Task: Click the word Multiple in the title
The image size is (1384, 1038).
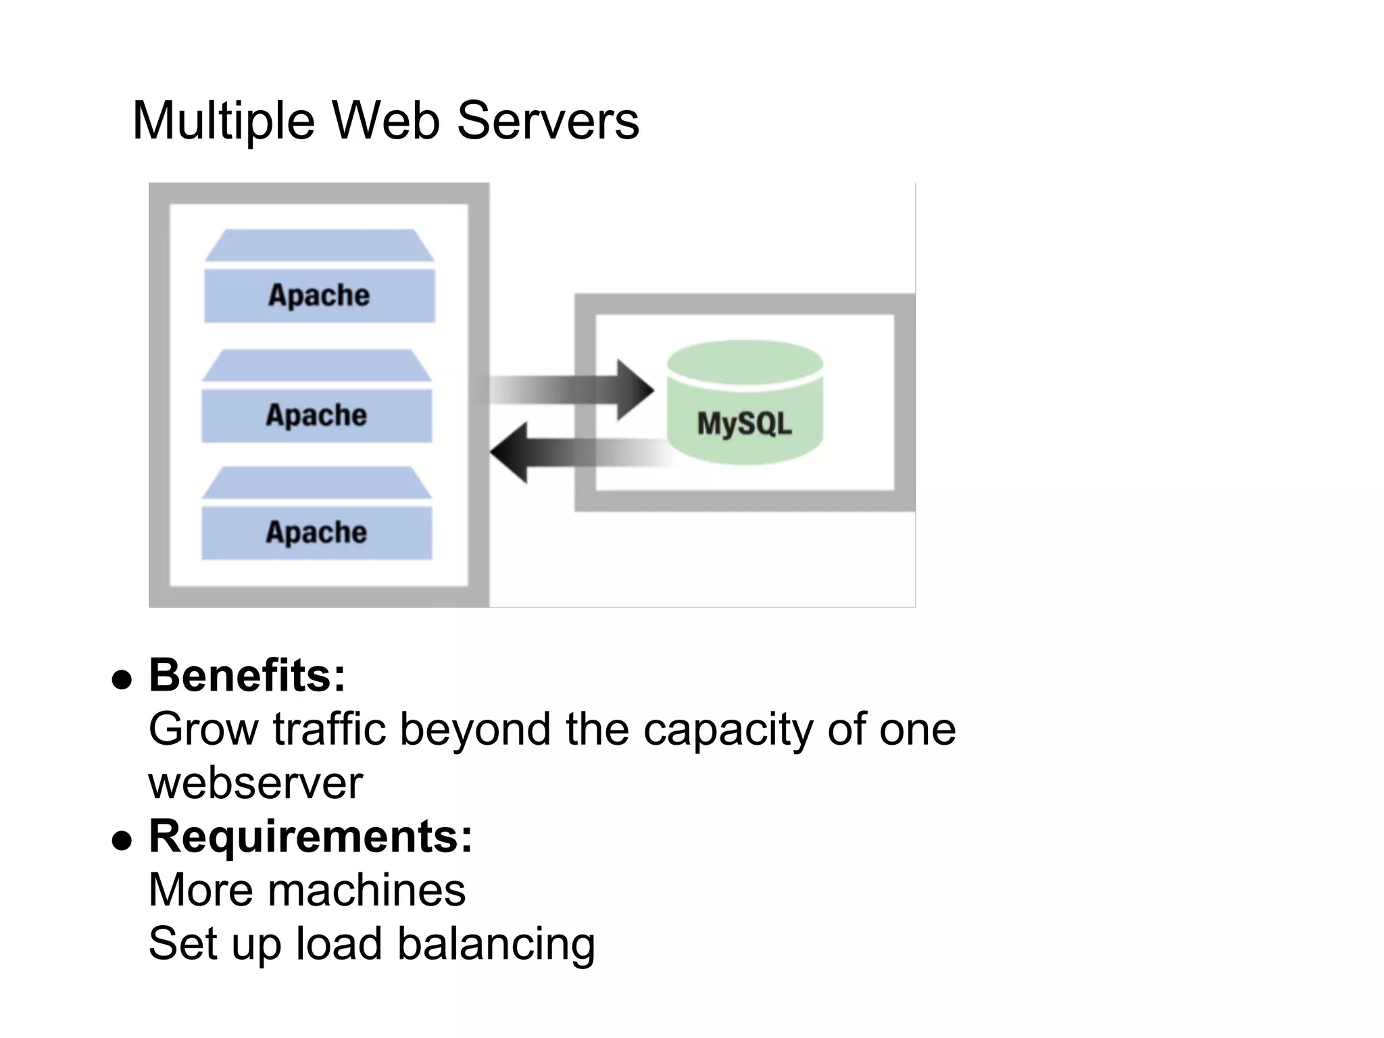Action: [x=223, y=122]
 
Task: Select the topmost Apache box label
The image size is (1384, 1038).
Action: [x=319, y=295]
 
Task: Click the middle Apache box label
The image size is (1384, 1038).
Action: [x=316, y=415]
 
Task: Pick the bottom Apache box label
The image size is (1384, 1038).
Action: [x=316, y=533]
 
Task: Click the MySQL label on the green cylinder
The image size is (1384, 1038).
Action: [x=744, y=424]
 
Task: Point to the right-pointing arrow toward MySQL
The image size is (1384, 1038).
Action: [x=574, y=390]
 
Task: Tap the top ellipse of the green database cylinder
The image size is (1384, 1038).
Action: [x=745, y=363]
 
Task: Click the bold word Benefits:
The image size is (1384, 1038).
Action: [x=247, y=675]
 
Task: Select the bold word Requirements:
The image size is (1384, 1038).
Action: [x=310, y=836]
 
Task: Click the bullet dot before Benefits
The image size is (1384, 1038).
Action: [x=122, y=679]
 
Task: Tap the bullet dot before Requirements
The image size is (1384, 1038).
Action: [x=122, y=840]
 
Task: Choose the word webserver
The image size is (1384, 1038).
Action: [x=255, y=783]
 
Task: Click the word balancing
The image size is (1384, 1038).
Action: [x=496, y=945]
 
